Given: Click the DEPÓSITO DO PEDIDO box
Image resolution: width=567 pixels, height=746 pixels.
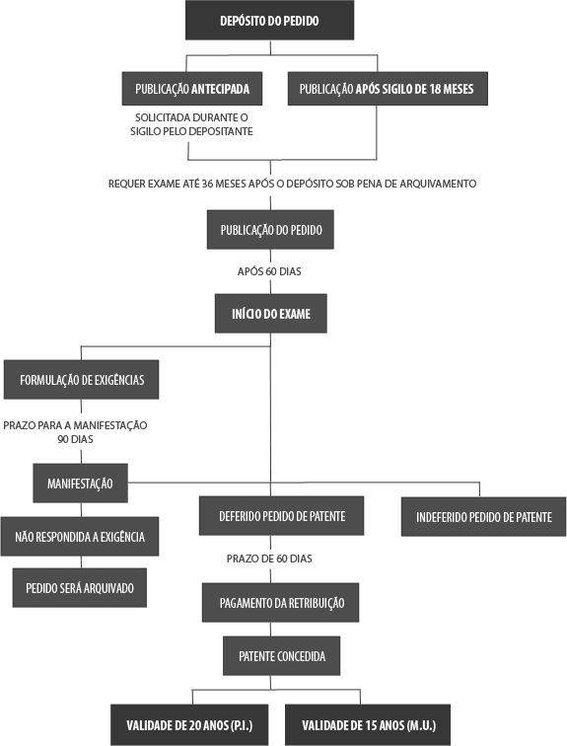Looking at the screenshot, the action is pyautogui.click(x=269, y=20).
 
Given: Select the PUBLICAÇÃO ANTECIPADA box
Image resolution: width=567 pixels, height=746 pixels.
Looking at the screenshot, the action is pyautogui.click(x=192, y=89).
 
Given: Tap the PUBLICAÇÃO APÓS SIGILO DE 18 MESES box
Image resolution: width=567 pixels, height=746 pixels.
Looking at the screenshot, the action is pyautogui.click(x=388, y=89).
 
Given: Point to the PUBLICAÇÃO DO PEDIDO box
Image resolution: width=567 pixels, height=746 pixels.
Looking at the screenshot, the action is pyautogui.click(x=270, y=229).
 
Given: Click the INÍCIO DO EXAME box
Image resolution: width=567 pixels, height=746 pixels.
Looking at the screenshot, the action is pyautogui.click(x=271, y=313).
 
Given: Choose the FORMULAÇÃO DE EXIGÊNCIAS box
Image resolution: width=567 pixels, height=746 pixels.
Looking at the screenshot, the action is pyautogui.click(x=81, y=379).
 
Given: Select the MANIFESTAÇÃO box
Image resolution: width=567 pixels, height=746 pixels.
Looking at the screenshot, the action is pyautogui.click(x=80, y=483).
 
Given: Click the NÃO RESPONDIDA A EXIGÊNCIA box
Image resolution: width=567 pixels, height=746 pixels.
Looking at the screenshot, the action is pyautogui.click(x=80, y=536).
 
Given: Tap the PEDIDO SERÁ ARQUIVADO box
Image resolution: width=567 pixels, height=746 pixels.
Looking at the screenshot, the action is pyautogui.click(x=80, y=587).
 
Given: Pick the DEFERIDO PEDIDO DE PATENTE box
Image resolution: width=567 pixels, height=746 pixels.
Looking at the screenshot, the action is pyautogui.click(x=281, y=516).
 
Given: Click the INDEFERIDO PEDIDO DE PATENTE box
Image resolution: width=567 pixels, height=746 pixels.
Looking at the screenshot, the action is pyautogui.click(x=483, y=517).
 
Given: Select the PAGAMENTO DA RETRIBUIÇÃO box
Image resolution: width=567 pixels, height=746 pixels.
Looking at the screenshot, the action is pyautogui.click(x=280, y=602).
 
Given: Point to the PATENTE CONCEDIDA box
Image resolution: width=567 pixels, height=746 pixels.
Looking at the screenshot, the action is pyautogui.click(x=281, y=655).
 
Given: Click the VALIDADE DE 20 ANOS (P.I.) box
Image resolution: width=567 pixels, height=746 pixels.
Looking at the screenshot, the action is pyautogui.click(x=189, y=724).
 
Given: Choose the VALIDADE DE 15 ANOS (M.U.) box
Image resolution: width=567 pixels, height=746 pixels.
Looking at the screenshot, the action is pyautogui.click(x=368, y=724).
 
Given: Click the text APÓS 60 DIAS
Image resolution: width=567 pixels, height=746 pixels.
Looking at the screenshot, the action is pyautogui.click(x=269, y=271).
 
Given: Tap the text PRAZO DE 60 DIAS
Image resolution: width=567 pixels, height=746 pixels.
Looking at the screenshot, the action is pyautogui.click(x=269, y=559).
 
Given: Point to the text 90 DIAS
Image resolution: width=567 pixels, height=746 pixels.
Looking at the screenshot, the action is pyautogui.click(x=75, y=439).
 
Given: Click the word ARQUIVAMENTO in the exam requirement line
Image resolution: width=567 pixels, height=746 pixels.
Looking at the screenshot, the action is pyautogui.click(x=438, y=184).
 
